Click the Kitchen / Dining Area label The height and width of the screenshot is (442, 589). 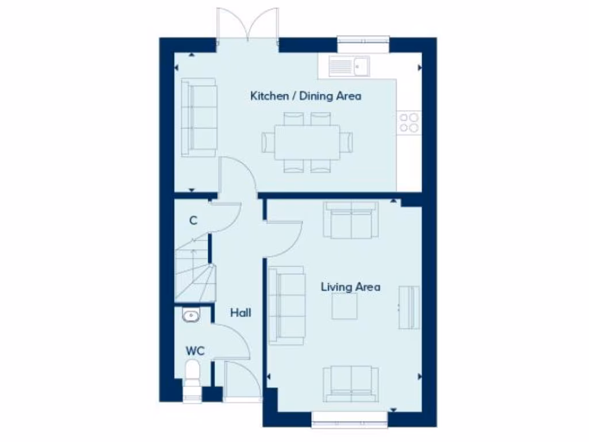click(x=305, y=96)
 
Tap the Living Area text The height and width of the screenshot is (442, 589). click(x=350, y=287)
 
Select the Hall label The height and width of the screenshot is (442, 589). click(x=240, y=313)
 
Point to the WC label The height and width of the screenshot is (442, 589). click(x=195, y=350)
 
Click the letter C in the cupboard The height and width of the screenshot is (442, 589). click(x=194, y=220)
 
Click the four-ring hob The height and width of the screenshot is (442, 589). click(x=410, y=122)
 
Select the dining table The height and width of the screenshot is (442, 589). click(x=306, y=142)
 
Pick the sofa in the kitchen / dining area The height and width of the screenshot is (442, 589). click(x=198, y=117)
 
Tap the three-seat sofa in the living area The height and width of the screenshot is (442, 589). click(x=286, y=305)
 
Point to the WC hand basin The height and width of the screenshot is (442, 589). click(x=190, y=315)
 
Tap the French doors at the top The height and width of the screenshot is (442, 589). click(x=248, y=24)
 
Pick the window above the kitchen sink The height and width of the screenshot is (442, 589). click(x=363, y=42)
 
